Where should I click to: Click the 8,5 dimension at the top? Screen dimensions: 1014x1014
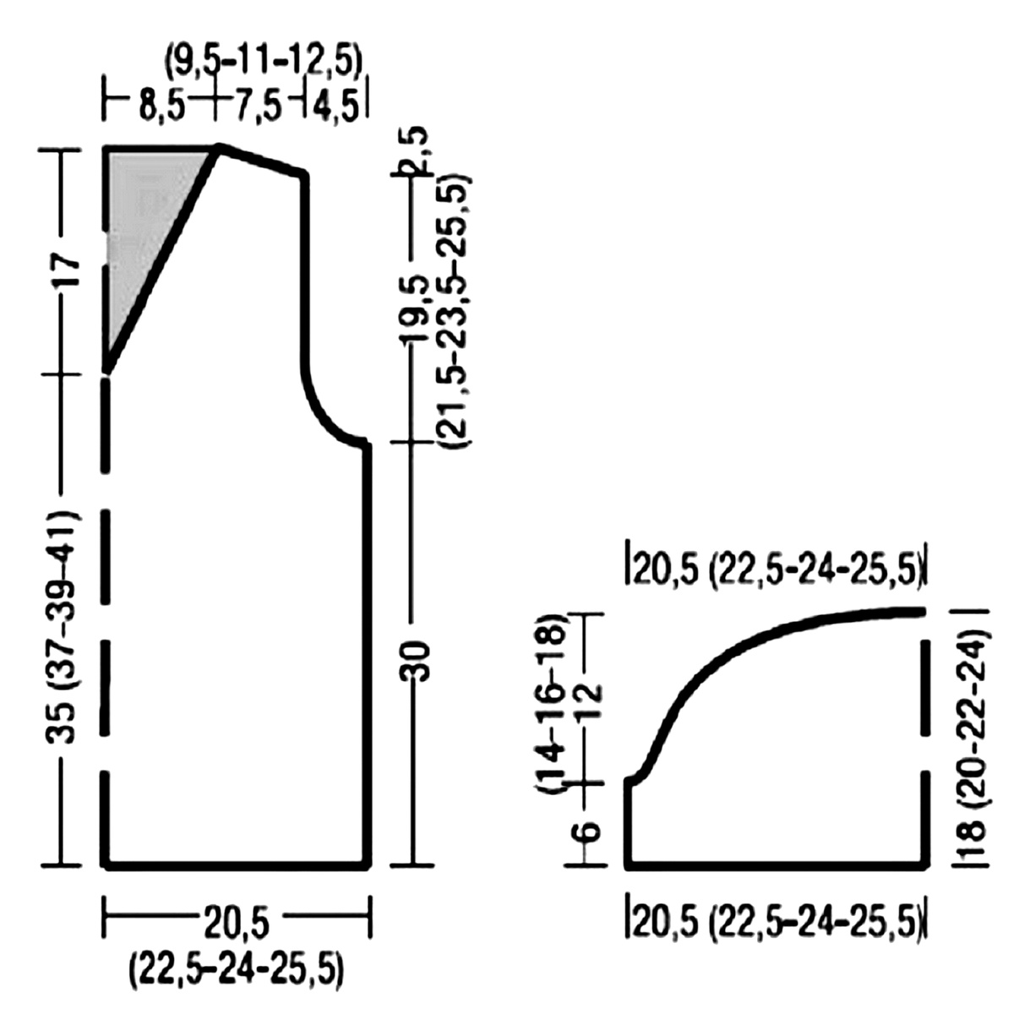162,105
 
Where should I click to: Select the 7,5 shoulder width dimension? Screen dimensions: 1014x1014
259,106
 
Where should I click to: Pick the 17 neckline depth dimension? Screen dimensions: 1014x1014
67,271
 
